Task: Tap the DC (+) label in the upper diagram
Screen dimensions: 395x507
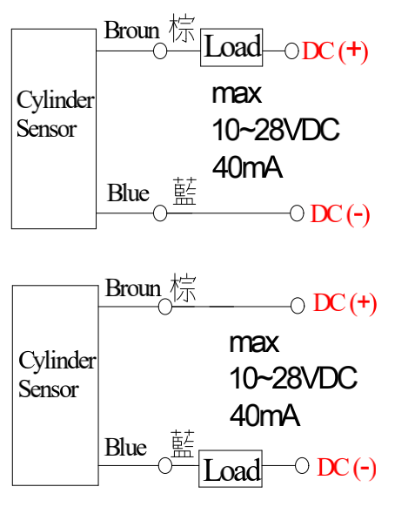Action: coord(335,51)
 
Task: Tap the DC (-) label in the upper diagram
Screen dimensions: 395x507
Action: coord(340,214)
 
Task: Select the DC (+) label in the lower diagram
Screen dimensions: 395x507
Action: coord(345,303)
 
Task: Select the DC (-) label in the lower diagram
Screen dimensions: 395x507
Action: coord(347,468)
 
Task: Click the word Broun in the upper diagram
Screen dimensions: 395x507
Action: coord(132,30)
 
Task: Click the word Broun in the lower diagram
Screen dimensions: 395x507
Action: coord(133,287)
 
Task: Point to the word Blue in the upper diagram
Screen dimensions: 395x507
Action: coord(128,193)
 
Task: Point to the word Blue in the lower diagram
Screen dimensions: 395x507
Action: coord(125,447)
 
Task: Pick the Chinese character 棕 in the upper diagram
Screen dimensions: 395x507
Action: coord(182,28)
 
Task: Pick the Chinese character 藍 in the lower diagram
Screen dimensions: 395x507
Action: coord(183,443)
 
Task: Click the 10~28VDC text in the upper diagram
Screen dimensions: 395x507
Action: coord(276,129)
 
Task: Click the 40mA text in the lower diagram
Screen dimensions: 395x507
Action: coord(264,416)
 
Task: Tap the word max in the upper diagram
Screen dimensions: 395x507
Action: coord(237,94)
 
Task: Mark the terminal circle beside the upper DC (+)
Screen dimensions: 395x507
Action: coord(291,51)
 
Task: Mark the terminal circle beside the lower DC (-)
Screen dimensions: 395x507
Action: coord(302,466)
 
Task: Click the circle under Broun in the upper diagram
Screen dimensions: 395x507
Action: coord(160,51)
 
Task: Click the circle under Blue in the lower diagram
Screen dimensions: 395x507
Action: coord(165,465)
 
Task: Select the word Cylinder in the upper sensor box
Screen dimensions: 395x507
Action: coord(56,101)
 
